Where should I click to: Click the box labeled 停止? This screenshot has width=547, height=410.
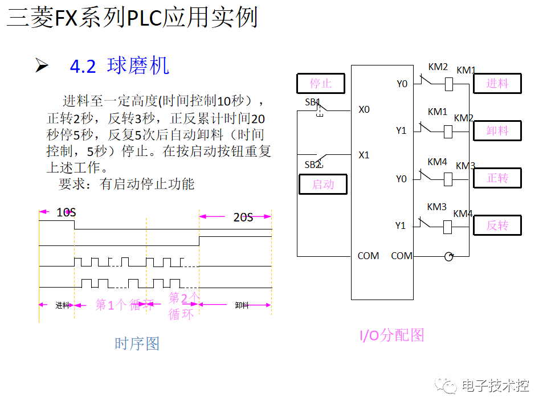pyautogui.click(x=321, y=84)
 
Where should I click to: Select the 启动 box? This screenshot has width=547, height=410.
pyautogui.click(x=323, y=184)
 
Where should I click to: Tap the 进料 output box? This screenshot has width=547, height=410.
pyautogui.click(x=497, y=83)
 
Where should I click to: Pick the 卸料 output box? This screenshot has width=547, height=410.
pyautogui.click(x=497, y=130)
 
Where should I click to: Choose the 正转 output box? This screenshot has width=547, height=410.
pyautogui.click(x=497, y=178)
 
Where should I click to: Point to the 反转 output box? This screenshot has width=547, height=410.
pyautogui.click(x=497, y=225)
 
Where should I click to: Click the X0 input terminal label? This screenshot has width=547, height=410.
pyautogui.click(x=364, y=109)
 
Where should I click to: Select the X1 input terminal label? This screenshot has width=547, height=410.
pyautogui.click(x=364, y=155)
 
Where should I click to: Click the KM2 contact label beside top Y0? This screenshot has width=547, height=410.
pyautogui.click(x=438, y=67)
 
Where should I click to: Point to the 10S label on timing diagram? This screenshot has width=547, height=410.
pyautogui.click(x=66, y=212)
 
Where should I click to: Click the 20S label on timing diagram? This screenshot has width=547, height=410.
pyautogui.click(x=243, y=217)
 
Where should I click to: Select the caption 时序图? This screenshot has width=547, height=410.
pyautogui.click(x=137, y=343)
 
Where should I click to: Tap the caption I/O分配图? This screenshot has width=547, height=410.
pyautogui.click(x=392, y=335)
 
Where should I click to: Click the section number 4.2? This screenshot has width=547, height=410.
pyautogui.click(x=83, y=67)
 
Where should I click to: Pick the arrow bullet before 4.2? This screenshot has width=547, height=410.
pyautogui.click(x=42, y=66)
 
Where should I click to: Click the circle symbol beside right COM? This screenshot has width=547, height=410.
pyautogui.click(x=449, y=257)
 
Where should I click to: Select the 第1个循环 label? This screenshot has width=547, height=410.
pyautogui.click(x=124, y=305)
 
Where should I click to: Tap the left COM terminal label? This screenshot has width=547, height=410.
pyautogui.click(x=368, y=256)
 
